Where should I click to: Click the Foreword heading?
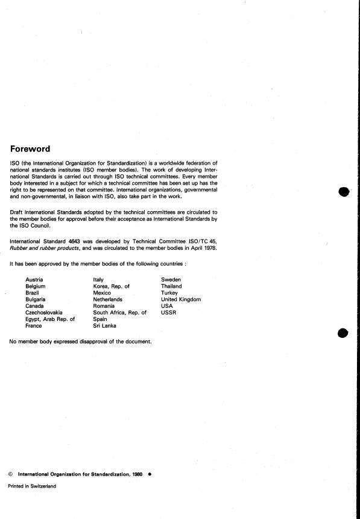click(x=30, y=149)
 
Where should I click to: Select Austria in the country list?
click(x=34, y=279)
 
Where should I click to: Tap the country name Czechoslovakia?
click(x=44, y=313)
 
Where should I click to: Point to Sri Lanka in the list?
click(x=106, y=326)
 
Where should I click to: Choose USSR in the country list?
click(x=169, y=313)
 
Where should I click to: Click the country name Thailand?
click(x=171, y=286)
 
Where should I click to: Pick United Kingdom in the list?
click(x=181, y=299)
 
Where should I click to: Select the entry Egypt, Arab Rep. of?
click(x=50, y=319)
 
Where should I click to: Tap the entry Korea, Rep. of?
click(x=112, y=286)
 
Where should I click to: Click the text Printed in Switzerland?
click(x=31, y=486)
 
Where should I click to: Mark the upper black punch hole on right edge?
click(x=344, y=192)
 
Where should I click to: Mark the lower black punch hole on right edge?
click(x=344, y=333)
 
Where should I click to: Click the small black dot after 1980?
click(x=149, y=474)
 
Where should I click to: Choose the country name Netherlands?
click(x=108, y=299)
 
